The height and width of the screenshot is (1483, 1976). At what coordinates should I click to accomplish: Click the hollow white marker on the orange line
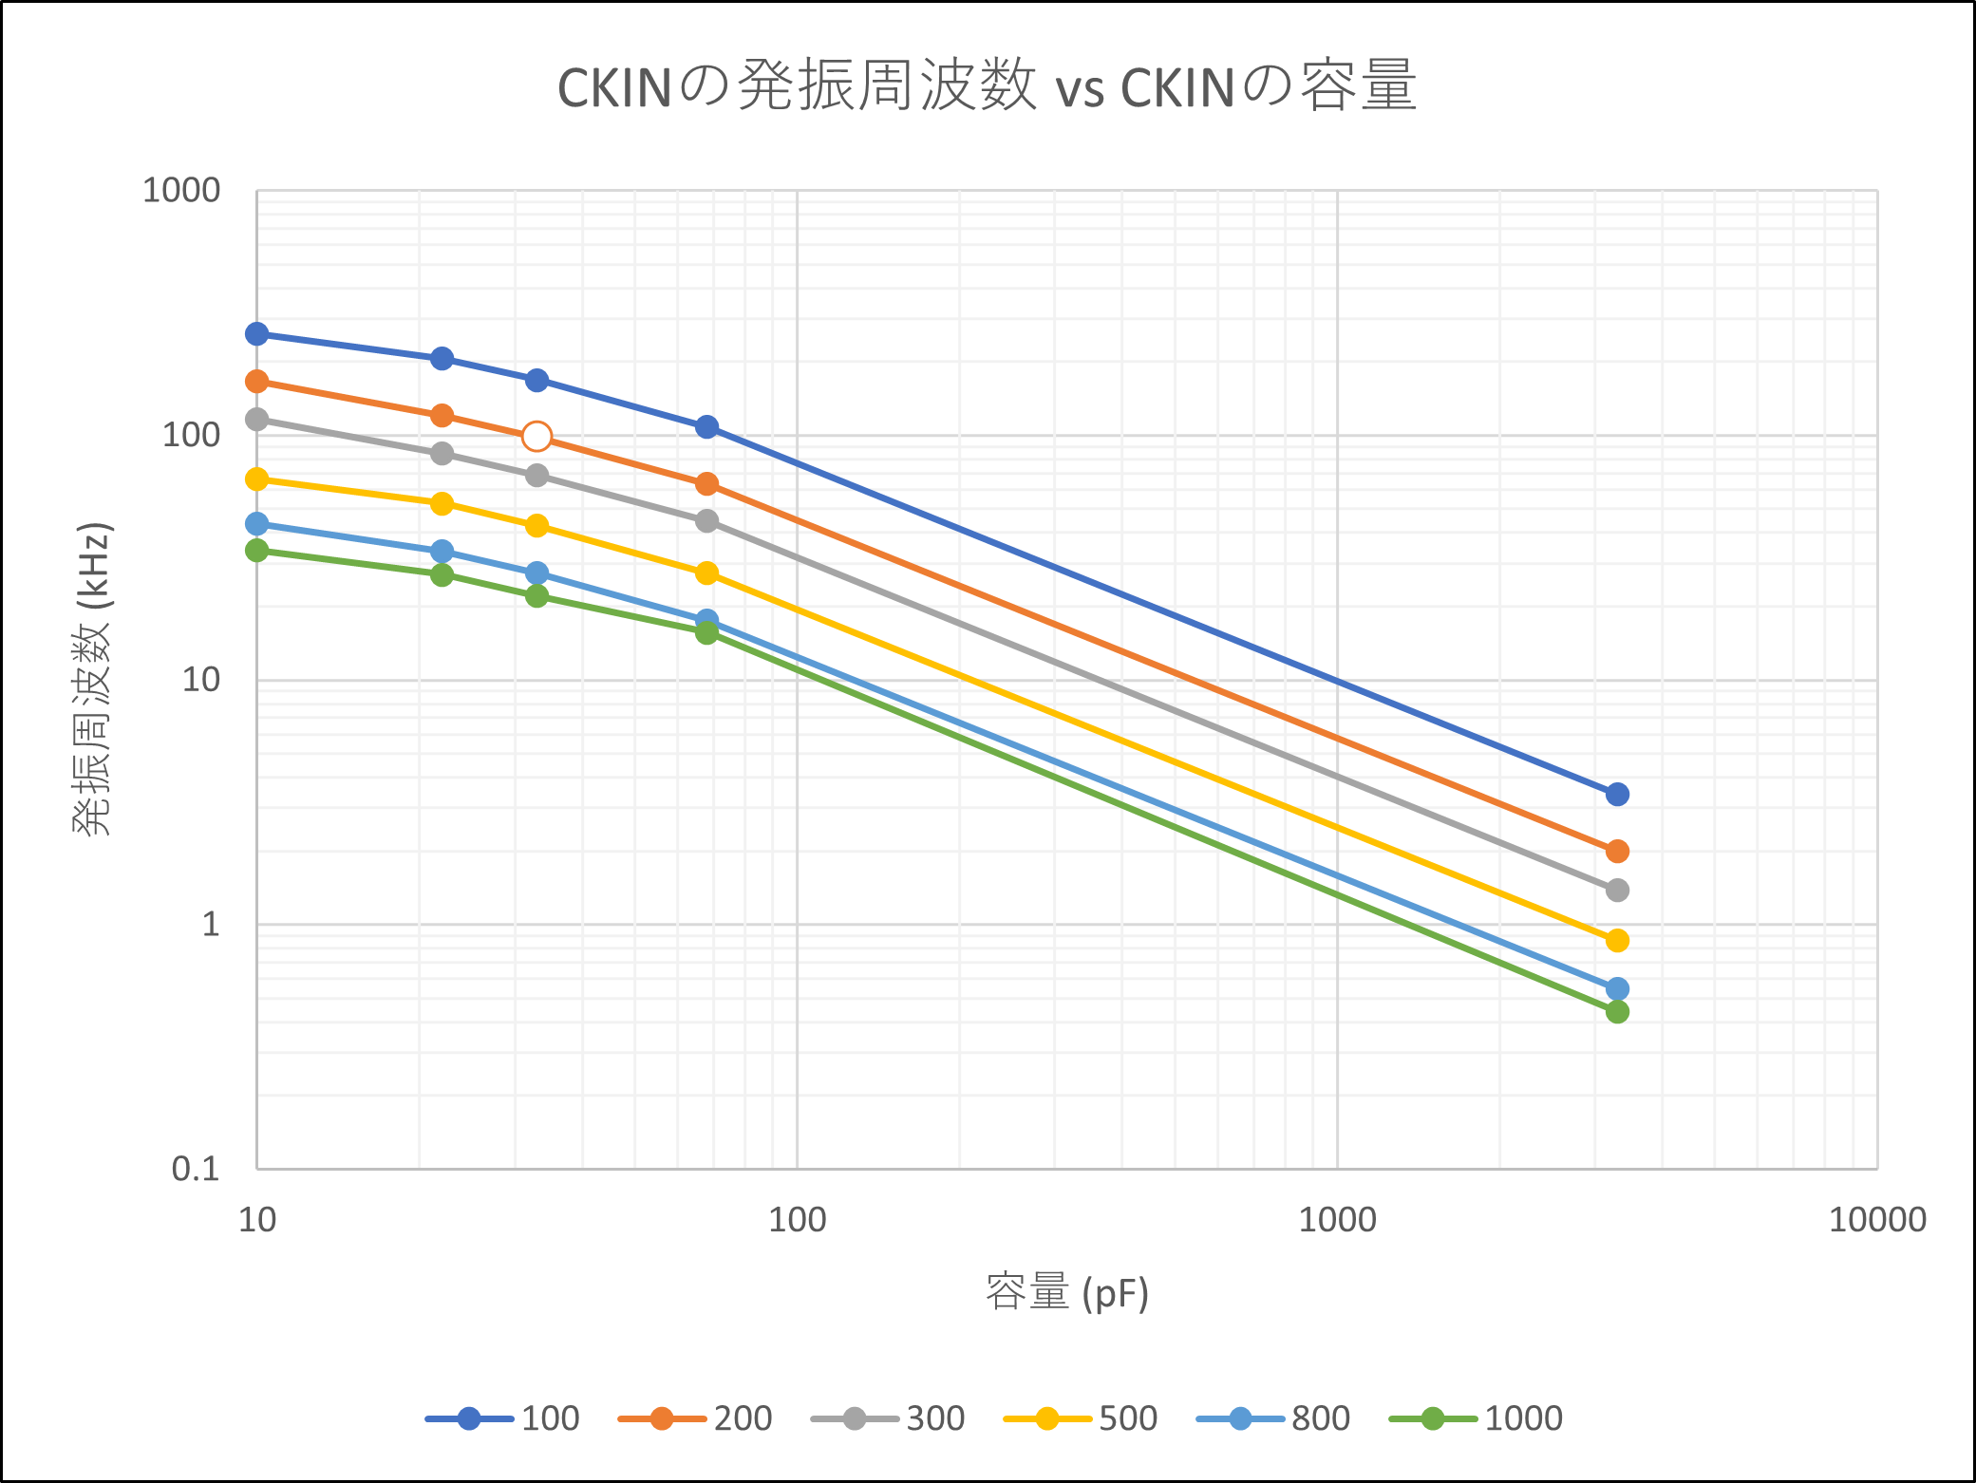(536, 437)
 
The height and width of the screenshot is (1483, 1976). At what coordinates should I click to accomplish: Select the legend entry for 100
(504, 1418)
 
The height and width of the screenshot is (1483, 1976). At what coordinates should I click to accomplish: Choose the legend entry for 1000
(1477, 1418)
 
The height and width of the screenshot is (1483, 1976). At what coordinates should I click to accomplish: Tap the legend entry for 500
(1082, 1418)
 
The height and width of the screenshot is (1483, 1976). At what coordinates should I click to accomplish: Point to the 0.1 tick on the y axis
(196, 1169)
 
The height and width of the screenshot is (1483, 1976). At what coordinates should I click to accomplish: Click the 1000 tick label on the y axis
(180, 191)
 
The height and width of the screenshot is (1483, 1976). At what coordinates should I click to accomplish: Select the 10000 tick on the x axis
(1877, 1220)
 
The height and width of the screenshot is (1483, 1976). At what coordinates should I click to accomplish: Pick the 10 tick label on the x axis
(257, 1220)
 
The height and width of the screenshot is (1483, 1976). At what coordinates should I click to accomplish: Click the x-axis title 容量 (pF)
(1067, 1293)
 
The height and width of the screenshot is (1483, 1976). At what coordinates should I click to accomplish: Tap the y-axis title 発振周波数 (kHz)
(93, 679)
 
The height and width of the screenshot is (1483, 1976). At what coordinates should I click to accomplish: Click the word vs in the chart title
(1080, 88)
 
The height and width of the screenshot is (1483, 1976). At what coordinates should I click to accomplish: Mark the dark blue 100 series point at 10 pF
(257, 334)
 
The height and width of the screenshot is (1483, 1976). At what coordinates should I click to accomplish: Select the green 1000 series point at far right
(1617, 1012)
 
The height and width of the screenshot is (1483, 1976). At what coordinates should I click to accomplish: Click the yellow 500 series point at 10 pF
(257, 479)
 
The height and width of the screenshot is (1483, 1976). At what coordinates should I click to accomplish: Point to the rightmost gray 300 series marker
(1617, 891)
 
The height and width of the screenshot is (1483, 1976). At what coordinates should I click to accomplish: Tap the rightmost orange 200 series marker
(1617, 852)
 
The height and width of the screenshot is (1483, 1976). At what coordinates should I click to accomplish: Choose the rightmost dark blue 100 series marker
(1617, 795)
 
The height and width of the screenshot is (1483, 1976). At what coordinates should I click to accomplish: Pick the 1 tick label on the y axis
(210, 925)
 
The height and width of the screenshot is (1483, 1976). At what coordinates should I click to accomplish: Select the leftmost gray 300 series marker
(257, 420)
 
